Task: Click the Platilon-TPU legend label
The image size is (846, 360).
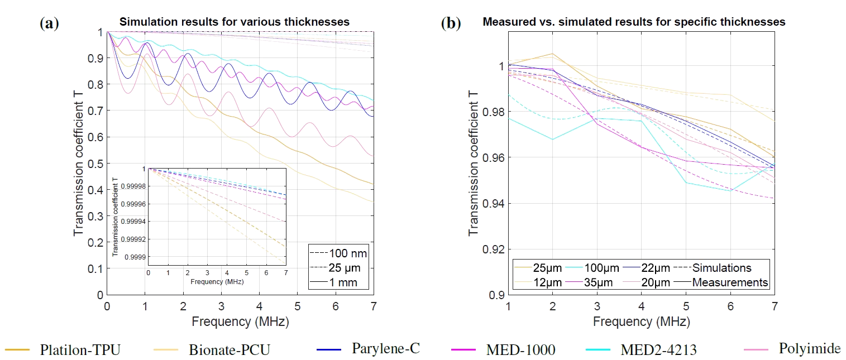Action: click(80, 350)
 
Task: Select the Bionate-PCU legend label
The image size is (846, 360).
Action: click(230, 350)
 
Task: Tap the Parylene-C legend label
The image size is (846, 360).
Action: click(385, 349)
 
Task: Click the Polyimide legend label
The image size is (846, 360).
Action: click(810, 349)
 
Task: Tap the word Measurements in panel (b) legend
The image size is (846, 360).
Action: click(730, 282)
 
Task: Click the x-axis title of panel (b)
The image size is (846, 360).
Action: click(641, 322)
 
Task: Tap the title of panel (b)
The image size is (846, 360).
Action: click(633, 22)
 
